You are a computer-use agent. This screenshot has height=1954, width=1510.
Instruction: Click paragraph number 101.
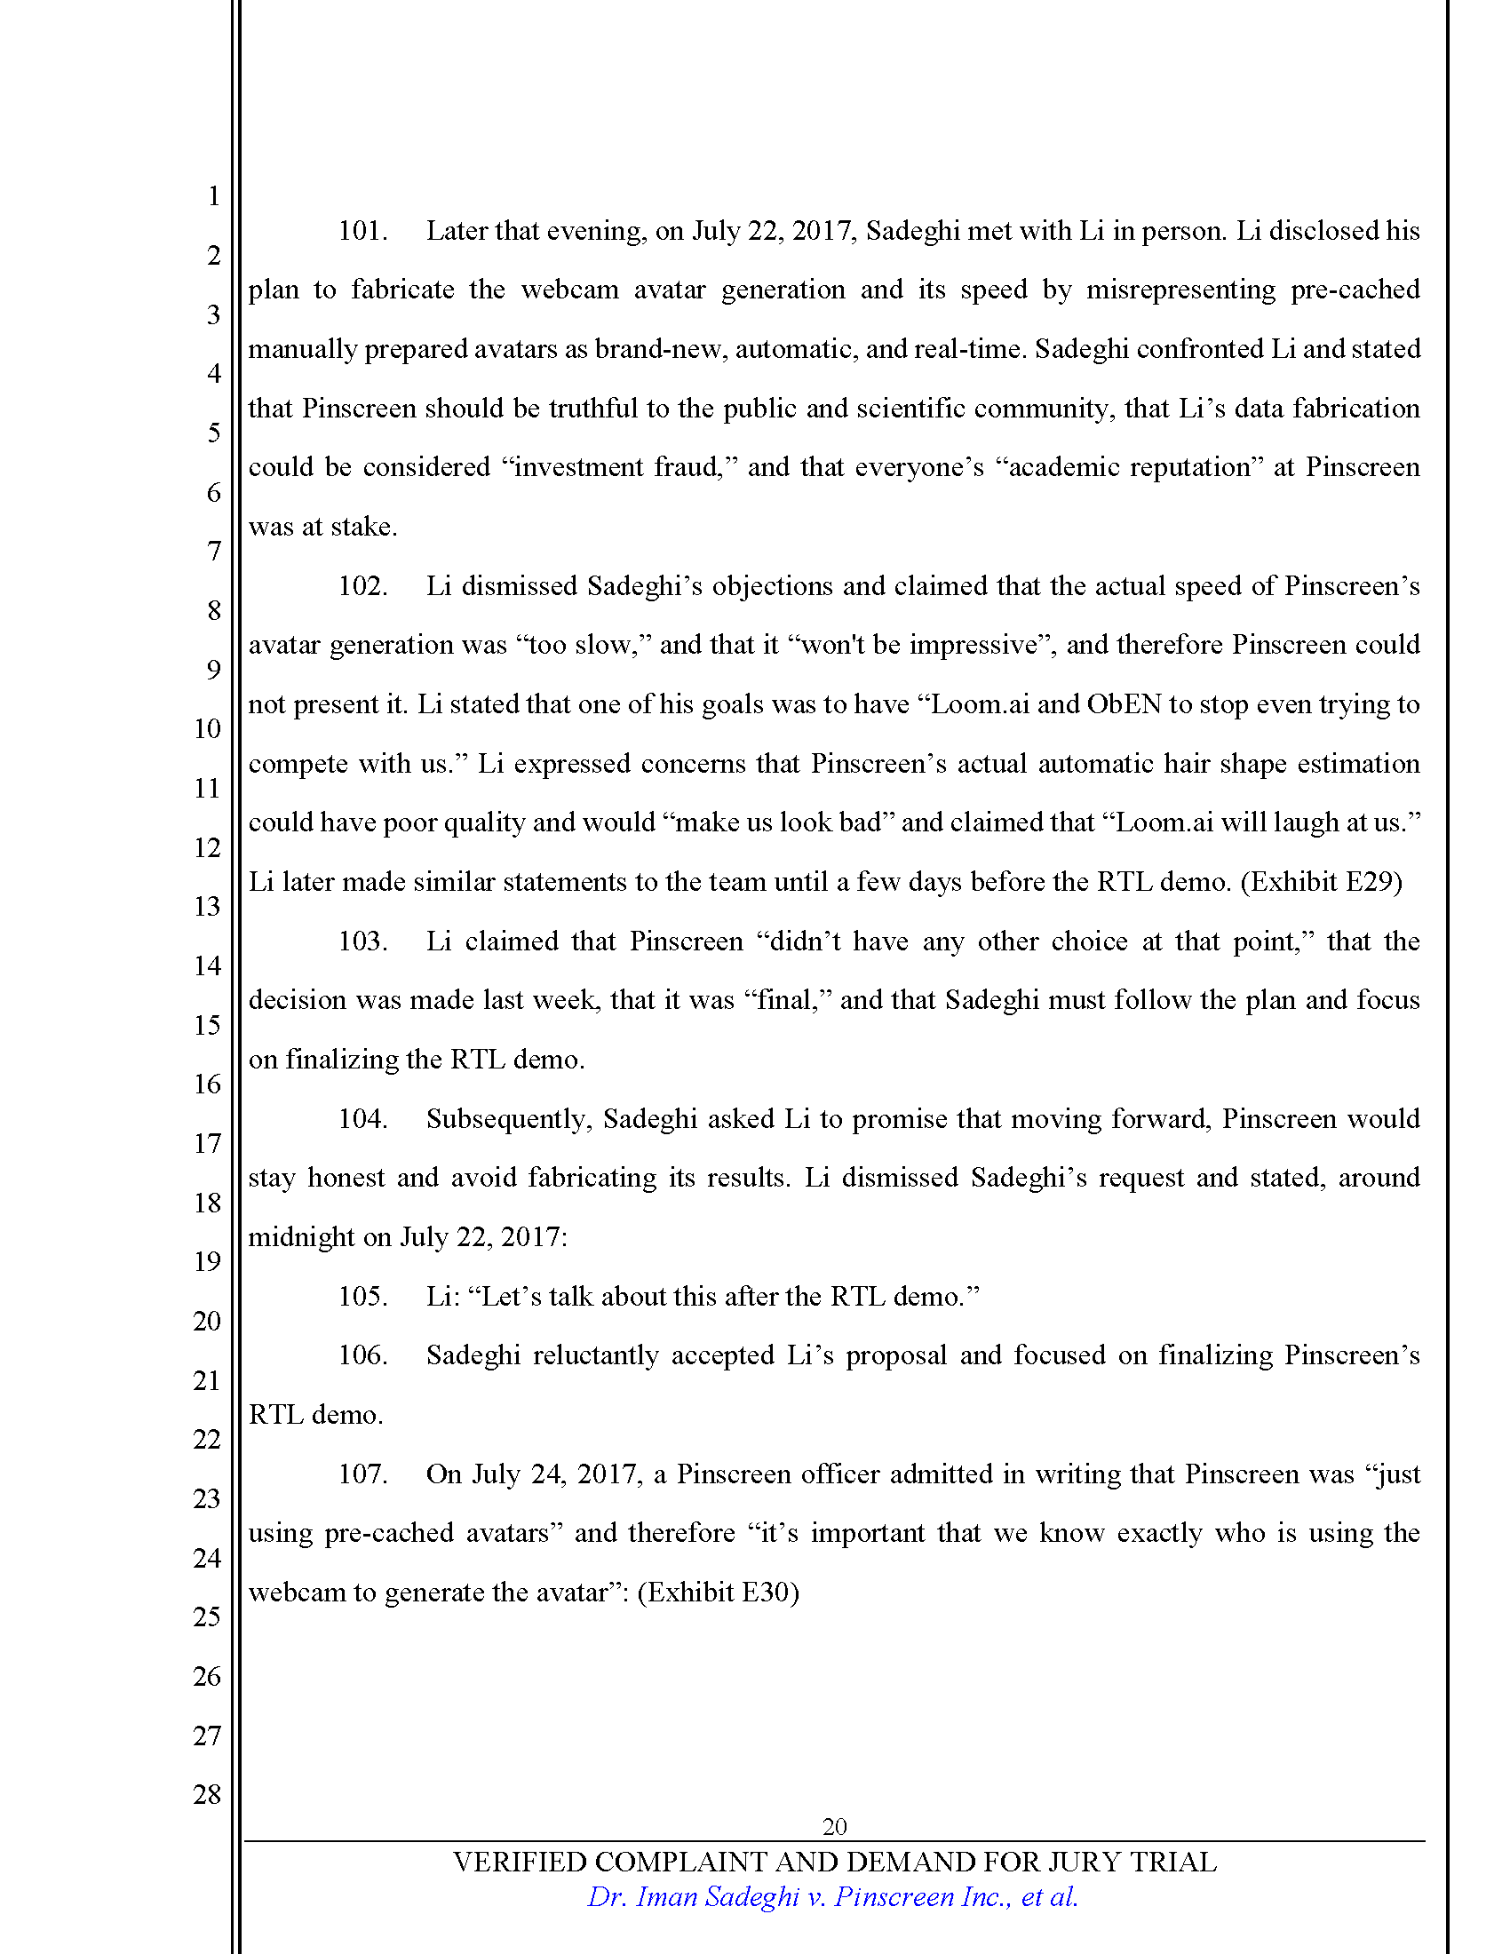362,231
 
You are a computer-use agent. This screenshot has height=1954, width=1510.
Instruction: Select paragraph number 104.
362,1118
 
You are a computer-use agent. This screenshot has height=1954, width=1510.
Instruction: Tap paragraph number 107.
362,1473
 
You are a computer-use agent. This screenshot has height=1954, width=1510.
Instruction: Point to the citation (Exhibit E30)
718,1593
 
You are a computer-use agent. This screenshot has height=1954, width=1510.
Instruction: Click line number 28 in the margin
207,1794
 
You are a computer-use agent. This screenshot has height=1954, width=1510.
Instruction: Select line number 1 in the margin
214,196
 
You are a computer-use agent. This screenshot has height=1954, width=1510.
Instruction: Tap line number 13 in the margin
207,906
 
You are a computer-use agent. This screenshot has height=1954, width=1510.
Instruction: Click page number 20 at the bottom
834,1826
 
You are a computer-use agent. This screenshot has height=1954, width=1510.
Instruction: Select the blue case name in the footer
832,1897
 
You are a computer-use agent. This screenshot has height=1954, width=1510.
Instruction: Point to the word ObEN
1124,704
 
